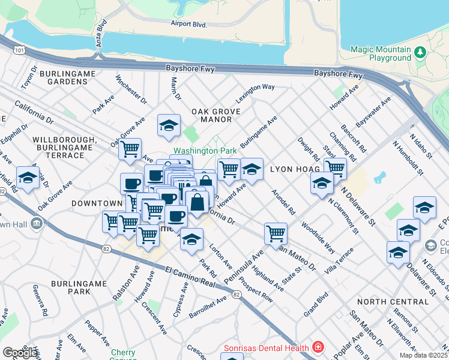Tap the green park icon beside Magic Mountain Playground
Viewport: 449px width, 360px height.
pos(420,53)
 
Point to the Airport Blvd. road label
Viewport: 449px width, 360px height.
pos(188,25)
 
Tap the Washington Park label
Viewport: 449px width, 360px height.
pos(197,151)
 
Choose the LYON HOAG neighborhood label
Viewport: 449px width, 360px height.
pos(294,170)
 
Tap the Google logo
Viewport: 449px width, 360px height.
pos(20,353)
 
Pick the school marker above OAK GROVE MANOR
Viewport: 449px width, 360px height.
pos(169,126)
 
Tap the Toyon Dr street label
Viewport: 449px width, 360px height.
pos(28,76)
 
